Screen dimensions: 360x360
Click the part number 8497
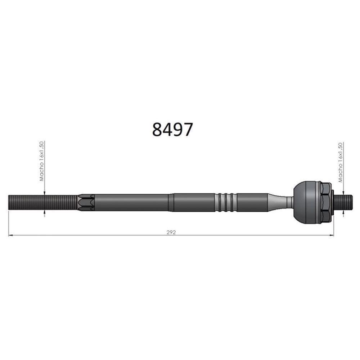[172, 130]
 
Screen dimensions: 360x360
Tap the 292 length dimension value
[171, 232]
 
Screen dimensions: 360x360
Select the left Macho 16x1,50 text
[41, 161]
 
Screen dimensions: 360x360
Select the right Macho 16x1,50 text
[340, 162]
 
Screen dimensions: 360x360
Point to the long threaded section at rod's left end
[43, 202]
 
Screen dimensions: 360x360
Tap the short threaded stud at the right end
[342, 202]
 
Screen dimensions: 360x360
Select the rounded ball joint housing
[306, 202]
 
